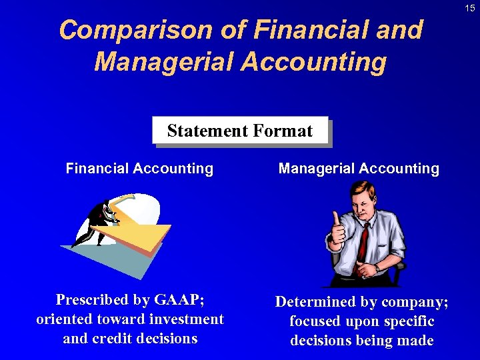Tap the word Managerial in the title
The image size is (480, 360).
[x=163, y=62]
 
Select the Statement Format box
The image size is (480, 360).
[x=240, y=131]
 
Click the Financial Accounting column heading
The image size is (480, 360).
[x=139, y=169]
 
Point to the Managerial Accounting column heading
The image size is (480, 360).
[x=359, y=169]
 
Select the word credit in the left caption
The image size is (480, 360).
[x=113, y=338]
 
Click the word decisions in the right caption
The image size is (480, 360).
[x=324, y=341]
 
